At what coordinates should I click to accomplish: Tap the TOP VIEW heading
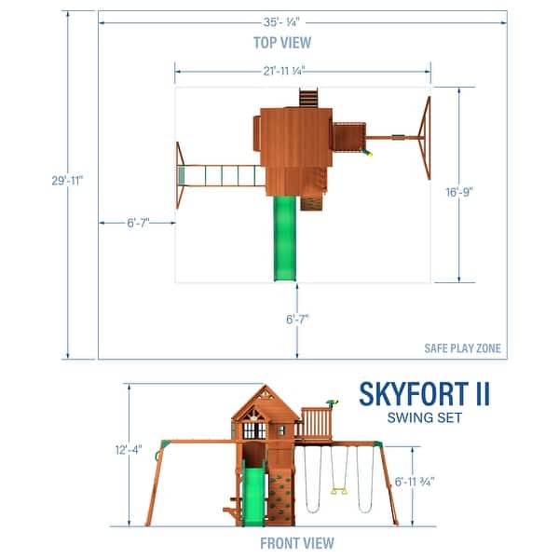coord(282,42)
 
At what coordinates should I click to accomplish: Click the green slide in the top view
coord(283,238)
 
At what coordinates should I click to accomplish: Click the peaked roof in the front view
coord(265,402)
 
